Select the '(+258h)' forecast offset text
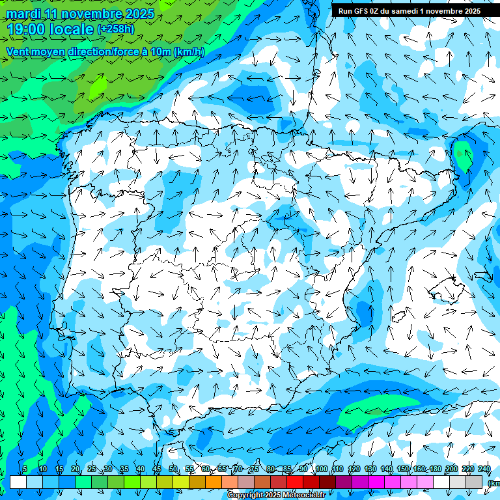pos(116,29)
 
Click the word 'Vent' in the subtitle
pos(19,52)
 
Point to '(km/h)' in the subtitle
pos(189,52)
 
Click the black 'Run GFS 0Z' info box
pos(409,10)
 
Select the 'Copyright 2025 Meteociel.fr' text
pos(277,495)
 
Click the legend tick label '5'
pos(24,469)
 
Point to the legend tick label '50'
pos(173,469)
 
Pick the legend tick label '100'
pos(321,469)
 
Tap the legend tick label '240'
pos(484,469)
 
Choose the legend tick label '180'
pos(435,469)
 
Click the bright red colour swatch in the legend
pos(295,482)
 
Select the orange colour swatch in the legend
pos(214,482)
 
